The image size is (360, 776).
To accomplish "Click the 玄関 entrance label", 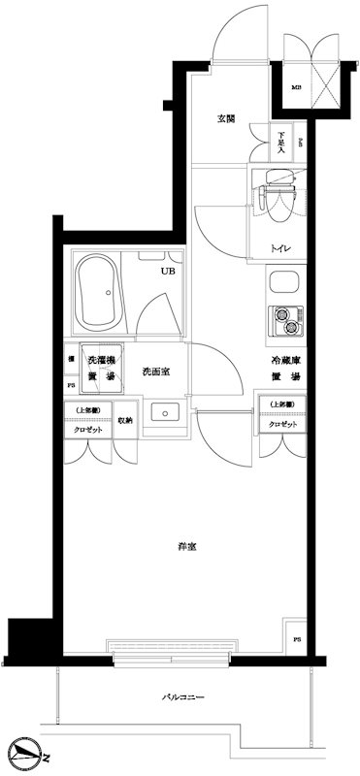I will click(227, 119).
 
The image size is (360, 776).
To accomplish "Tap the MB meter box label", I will click(296, 89).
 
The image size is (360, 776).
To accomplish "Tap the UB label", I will click(168, 273).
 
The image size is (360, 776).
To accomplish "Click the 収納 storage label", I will click(126, 420).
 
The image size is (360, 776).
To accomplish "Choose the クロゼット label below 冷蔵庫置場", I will click(282, 423).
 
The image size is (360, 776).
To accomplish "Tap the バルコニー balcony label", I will click(182, 697).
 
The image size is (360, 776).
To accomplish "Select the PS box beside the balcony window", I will click(297, 640).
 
